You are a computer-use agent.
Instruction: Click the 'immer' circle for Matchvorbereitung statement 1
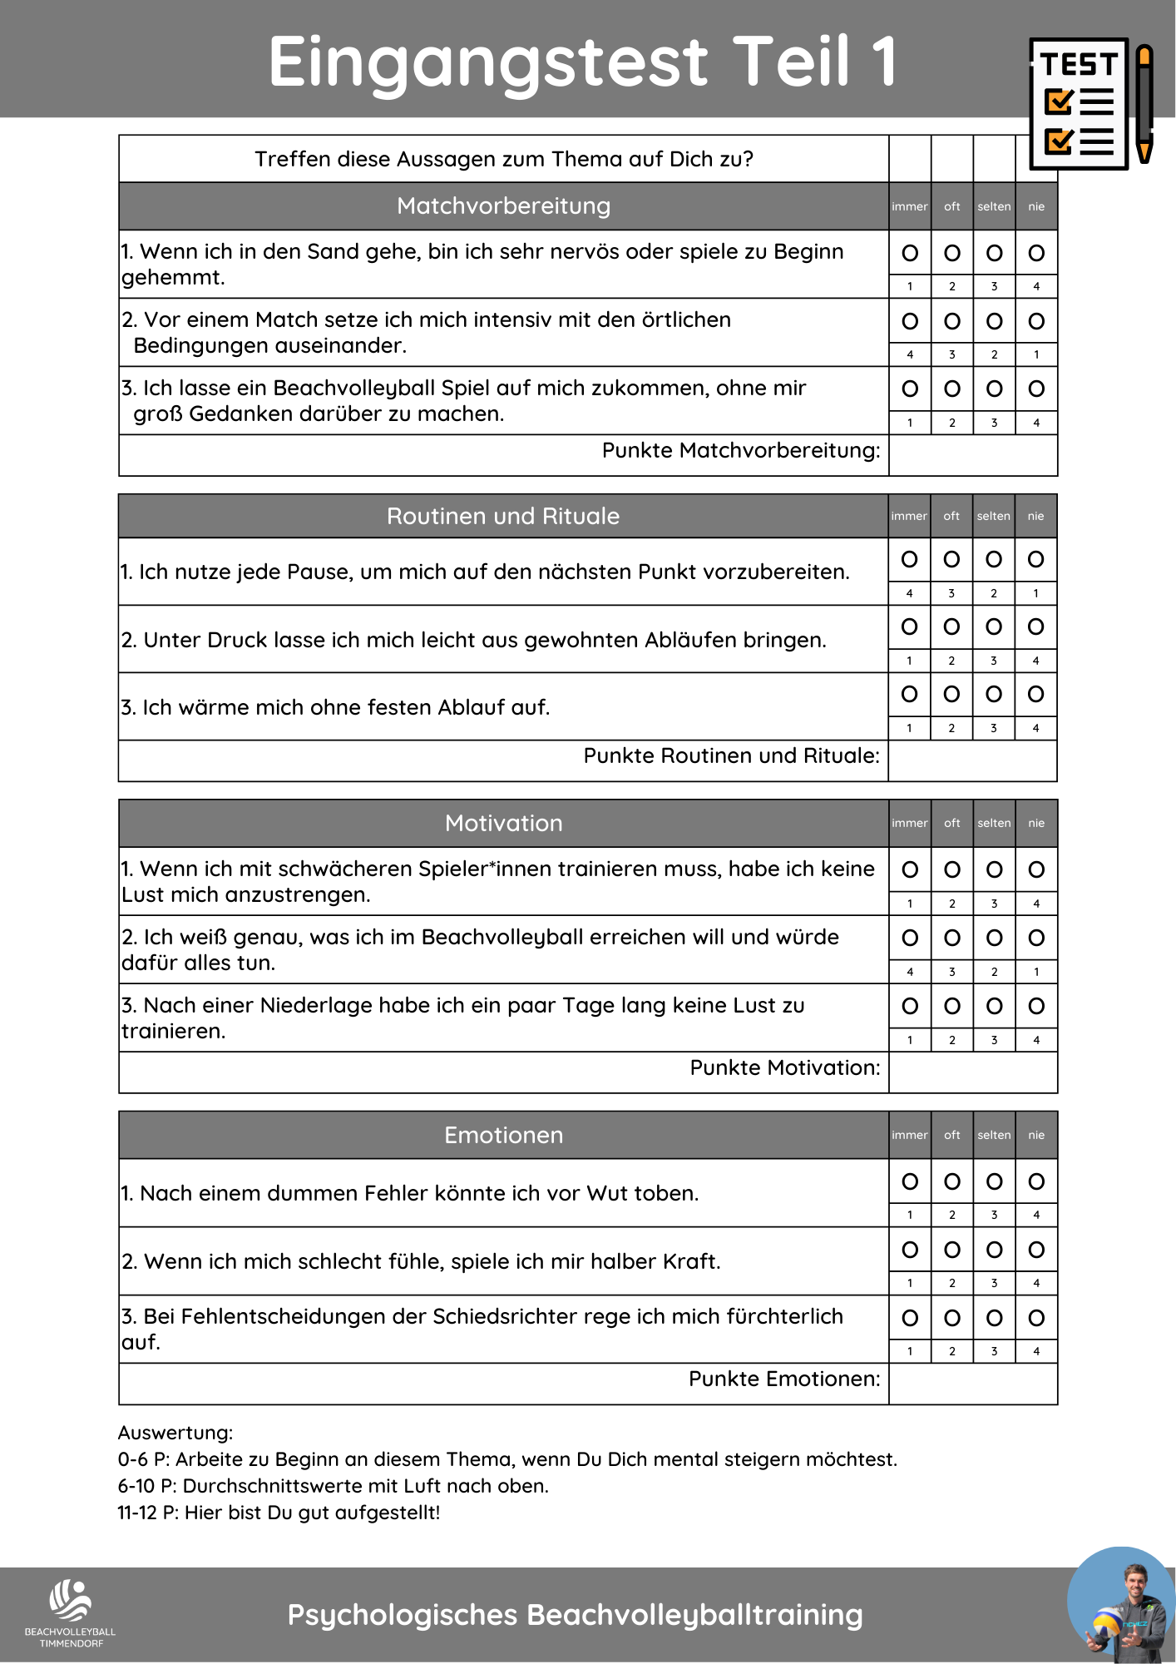click(x=910, y=253)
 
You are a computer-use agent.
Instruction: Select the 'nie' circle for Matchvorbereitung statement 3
click(x=1036, y=389)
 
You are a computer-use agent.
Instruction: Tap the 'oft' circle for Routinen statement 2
click(x=951, y=626)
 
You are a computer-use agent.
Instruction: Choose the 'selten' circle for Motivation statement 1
click(x=994, y=869)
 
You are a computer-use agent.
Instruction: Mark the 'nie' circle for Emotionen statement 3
click(x=1036, y=1318)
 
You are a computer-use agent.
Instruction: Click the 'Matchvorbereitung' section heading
click(x=503, y=206)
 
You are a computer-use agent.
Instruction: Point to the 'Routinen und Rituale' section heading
click(x=503, y=516)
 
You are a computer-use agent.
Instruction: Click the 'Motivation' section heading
click(x=503, y=823)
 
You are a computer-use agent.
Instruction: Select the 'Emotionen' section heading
click(x=503, y=1135)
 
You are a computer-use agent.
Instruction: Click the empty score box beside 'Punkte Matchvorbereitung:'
click(x=972, y=455)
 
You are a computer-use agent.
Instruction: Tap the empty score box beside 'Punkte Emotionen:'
click(x=972, y=1384)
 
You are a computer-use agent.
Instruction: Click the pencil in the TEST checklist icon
click(x=1144, y=104)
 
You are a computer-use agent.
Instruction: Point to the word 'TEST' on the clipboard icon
click(x=1080, y=64)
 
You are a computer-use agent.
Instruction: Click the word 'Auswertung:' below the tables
click(x=175, y=1433)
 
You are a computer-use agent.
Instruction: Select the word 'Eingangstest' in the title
click(x=488, y=62)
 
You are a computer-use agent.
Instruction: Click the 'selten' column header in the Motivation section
click(x=994, y=823)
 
